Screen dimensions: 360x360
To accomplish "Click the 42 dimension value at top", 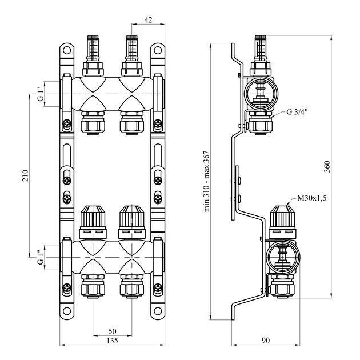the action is click(x=148, y=20).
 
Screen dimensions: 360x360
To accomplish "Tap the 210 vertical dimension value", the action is click(x=25, y=175).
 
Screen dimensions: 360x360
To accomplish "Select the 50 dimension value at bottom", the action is click(x=112, y=331).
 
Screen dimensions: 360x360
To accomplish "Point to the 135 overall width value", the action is click(x=112, y=341).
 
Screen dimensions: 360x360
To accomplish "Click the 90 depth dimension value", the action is click(x=265, y=341).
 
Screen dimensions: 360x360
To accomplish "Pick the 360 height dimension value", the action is click(x=327, y=167).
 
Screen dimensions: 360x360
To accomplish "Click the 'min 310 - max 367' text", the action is click(x=207, y=181).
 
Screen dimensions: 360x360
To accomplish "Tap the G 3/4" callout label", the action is click(x=297, y=112).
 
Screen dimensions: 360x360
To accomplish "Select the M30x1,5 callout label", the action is click(x=312, y=198).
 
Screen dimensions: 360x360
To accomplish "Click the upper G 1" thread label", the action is click(x=41, y=94).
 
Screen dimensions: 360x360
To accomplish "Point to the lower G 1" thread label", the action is click(x=41, y=257).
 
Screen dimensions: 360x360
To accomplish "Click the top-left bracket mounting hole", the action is click(x=67, y=50).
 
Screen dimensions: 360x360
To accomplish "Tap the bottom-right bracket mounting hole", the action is click(x=158, y=311).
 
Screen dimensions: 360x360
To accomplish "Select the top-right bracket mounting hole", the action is click(x=158, y=50).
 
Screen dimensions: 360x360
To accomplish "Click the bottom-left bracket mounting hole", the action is click(x=67, y=311).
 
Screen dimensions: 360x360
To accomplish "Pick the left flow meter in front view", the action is click(x=93, y=55).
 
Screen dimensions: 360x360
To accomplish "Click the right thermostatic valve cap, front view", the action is click(x=132, y=222).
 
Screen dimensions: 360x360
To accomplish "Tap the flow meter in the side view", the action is click(x=261, y=55).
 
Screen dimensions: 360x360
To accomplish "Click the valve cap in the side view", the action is click(x=282, y=222).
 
